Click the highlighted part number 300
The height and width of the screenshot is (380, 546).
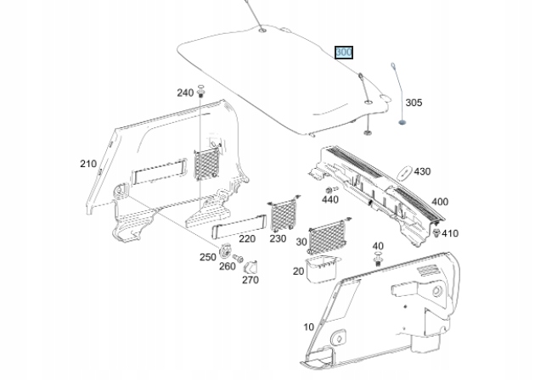[x=344, y=53]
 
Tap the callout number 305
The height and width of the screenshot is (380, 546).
[x=413, y=103]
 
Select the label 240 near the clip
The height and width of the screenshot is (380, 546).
[x=185, y=92]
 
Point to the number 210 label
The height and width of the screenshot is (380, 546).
[x=88, y=164]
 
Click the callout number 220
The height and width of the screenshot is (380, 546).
[x=247, y=239]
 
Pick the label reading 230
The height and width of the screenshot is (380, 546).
[x=279, y=239]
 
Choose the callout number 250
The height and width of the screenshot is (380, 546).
[x=208, y=256]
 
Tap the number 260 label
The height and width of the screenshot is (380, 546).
[x=228, y=266]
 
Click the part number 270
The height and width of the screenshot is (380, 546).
[x=250, y=279]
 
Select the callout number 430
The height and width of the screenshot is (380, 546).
[x=422, y=171]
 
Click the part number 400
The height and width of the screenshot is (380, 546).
[x=440, y=202]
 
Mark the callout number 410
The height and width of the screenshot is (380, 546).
[x=449, y=233]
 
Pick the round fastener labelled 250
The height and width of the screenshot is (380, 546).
[x=226, y=249]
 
